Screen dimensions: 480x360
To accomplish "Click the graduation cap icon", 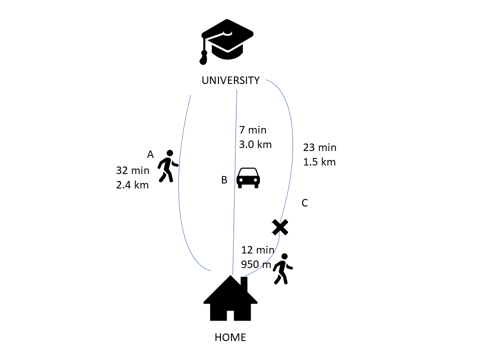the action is (227, 42).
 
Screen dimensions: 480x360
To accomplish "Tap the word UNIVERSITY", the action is (230, 80).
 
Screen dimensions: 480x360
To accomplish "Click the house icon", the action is (230, 298).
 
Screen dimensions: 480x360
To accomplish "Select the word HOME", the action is (230, 337).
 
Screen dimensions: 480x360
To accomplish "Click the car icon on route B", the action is (248, 178).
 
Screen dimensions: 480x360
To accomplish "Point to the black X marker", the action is (280, 227).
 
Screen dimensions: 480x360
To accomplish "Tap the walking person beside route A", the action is (168, 166).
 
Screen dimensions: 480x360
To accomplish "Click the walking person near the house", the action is (283, 269).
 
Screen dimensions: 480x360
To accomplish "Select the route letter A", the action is (150, 154).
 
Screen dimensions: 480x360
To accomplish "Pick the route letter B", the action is (224, 180).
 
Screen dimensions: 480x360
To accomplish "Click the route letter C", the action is (304, 202).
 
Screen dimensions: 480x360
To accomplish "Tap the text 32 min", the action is (133, 170).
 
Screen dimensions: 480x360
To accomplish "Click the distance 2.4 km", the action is (132, 185).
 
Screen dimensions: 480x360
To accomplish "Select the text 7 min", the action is (253, 130).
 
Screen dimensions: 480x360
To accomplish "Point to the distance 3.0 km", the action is (255, 144).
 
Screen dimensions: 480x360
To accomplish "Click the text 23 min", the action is (320, 147).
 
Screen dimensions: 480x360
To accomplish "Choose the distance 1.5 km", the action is (319, 162).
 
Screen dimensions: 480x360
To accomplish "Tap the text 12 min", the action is (258, 250).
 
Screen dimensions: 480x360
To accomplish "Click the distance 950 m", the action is (256, 264).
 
